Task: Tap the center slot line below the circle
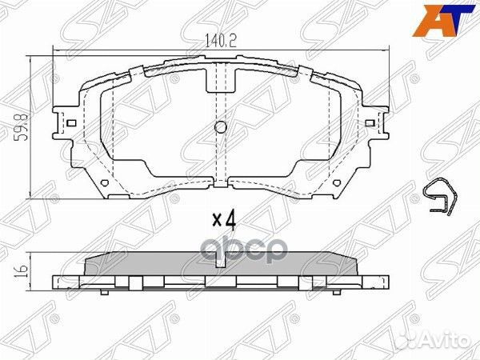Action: pos(222,160)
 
